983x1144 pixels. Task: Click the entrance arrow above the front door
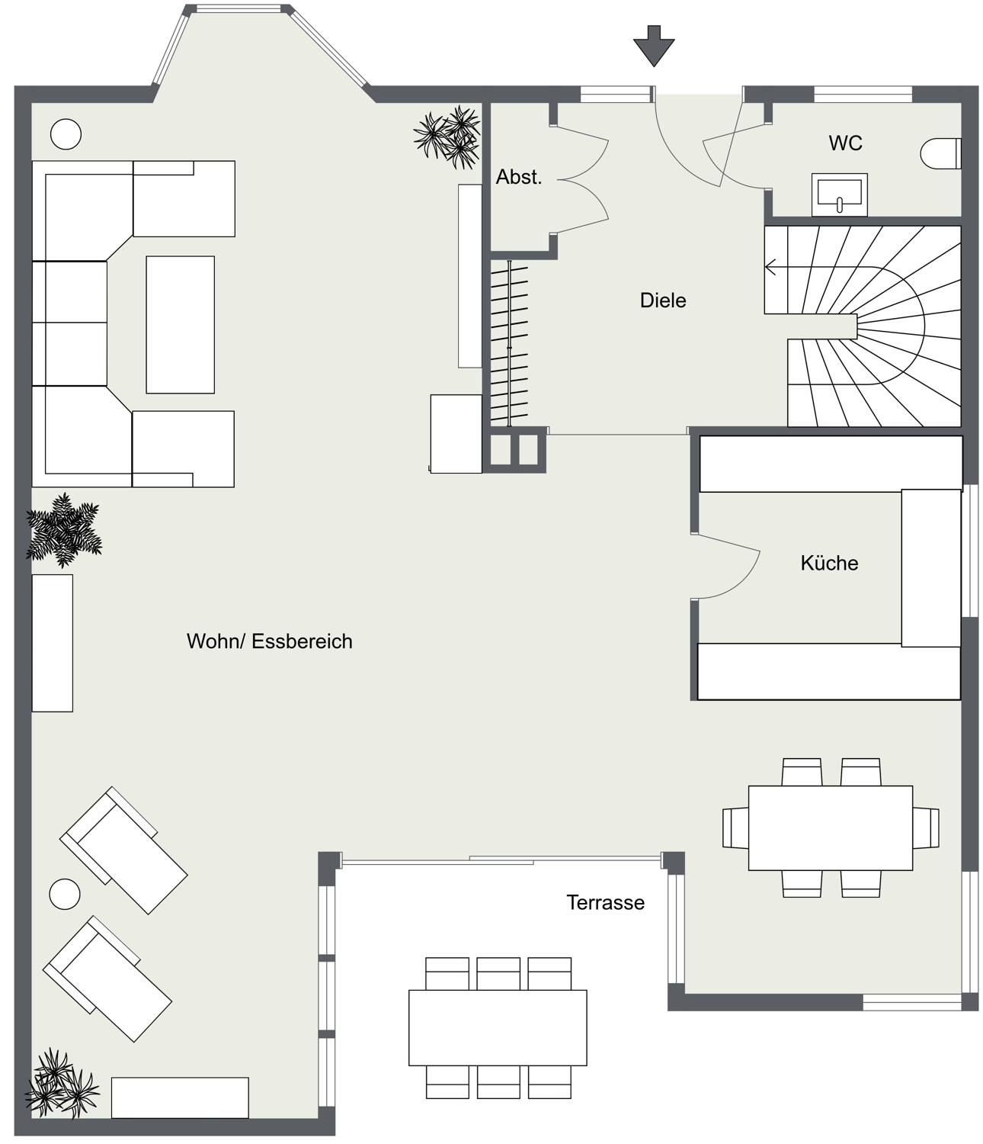pyautogui.click(x=654, y=47)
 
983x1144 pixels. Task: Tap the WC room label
pyautogui.click(x=845, y=143)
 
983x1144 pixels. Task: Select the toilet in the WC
pyautogui.click(x=940, y=153)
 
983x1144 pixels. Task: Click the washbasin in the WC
pyautogui.click(x=839, y=194)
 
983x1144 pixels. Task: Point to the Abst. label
pyautogui.click(x=519, y=177)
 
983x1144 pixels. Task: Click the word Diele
pyautogui.click(x=663, y=300)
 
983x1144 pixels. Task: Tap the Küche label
pyautogui.click(x=829, y=564)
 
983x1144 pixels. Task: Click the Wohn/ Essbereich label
pyautogui.click(x=269, y=641)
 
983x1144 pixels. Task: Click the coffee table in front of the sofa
pyautogui.click(x=181, y=325)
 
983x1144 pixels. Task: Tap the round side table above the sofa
pyautogui.click(x=66, y=134)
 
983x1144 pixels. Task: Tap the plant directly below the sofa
pyautogui.click(x=64, y=530)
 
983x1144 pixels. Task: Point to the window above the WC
pyautogui.click(x=863, y=94)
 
